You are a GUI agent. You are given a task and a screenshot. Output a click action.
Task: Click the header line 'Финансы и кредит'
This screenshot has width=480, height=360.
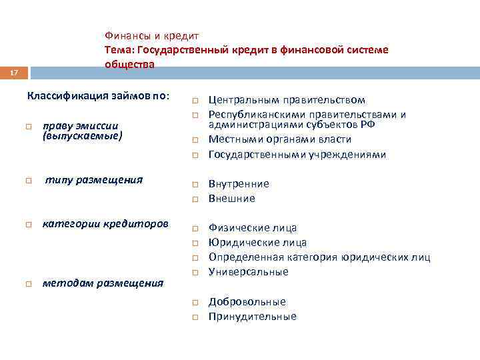[151, 35]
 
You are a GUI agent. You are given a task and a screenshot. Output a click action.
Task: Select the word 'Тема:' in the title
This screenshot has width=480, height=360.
[119, 50]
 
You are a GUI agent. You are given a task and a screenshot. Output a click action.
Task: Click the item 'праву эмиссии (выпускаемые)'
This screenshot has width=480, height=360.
[81, 131]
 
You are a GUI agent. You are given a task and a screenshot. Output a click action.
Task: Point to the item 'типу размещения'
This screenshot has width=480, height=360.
[94, 180]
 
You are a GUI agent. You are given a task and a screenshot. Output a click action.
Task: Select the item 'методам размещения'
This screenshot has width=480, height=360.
[103, 283]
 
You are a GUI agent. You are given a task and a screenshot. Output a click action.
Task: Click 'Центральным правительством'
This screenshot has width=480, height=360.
[287, 100]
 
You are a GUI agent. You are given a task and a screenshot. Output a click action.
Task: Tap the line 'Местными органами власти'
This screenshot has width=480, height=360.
[280, 139]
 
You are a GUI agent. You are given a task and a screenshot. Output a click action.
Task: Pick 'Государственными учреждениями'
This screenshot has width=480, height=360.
[297, 155]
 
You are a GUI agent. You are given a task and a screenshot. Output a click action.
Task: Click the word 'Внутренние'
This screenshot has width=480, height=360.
[239, 183]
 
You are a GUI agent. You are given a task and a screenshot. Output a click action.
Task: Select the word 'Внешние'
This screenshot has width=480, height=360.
[232, 199]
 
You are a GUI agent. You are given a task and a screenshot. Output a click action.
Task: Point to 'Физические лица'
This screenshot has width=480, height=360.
[253, 228]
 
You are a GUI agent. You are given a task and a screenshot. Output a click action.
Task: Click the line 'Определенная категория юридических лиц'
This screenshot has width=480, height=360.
[319, 257]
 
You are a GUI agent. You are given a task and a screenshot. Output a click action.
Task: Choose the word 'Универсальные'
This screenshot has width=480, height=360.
[248, 272]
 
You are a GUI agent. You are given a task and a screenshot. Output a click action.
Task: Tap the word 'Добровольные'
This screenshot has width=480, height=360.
[247, 302]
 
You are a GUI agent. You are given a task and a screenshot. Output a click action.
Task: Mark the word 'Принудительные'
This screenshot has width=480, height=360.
[252, 317]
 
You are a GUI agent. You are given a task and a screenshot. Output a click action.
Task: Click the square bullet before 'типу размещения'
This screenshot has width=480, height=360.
[29, 181]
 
